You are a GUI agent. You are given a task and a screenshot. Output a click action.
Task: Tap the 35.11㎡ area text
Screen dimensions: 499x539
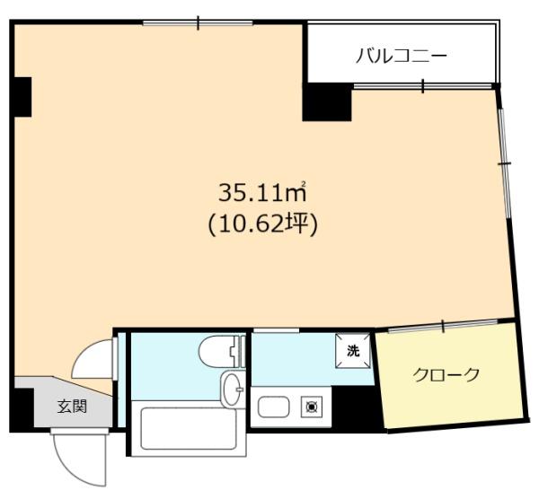(262, 190)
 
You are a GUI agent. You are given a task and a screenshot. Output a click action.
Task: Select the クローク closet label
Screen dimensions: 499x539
(446, 374)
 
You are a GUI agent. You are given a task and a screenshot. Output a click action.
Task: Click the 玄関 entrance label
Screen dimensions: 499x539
(72, 406)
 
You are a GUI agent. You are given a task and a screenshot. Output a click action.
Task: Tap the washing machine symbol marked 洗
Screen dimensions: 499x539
(352, 351)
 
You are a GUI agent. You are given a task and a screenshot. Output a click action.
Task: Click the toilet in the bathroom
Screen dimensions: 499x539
(218, 349)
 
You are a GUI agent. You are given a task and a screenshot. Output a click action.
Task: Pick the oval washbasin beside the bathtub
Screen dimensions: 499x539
(231, 390)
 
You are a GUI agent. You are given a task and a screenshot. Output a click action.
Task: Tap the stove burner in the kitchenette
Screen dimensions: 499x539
(313, 407)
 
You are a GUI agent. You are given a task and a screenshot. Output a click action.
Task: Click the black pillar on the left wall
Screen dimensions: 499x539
(22, 96)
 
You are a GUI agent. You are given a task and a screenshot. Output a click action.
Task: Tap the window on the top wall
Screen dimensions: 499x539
(197, 22)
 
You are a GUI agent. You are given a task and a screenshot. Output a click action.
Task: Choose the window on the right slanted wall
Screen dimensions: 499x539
(506, 162)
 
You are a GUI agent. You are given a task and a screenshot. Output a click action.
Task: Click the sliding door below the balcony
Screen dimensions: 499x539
(422, 86)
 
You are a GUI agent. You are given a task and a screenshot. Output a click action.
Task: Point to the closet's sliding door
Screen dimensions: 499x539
(444, 324)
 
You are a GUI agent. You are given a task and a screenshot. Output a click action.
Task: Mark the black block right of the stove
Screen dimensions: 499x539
(352, 407)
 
